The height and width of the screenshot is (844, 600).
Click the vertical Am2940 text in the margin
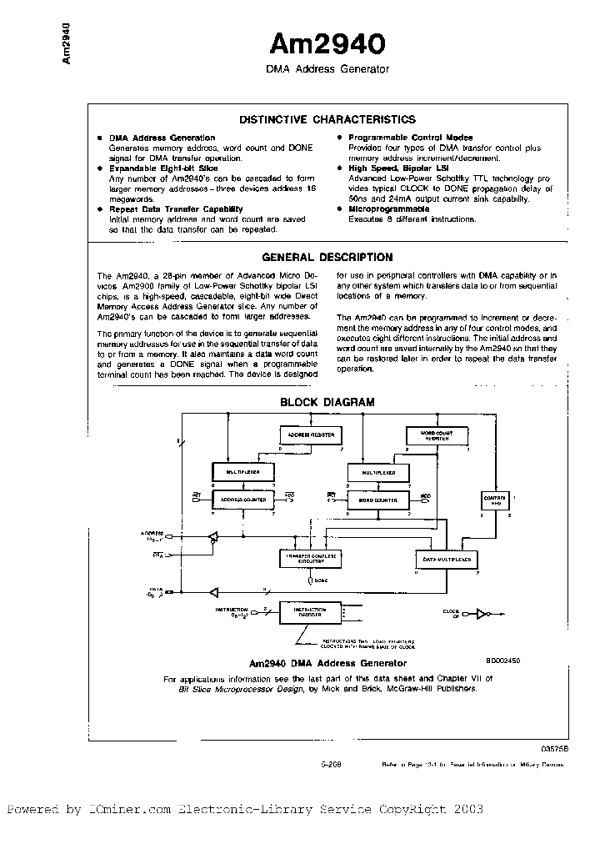coord(67,45)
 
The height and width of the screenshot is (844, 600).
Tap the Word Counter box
coord(377,499)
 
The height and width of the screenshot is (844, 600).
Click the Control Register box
coord(495,500)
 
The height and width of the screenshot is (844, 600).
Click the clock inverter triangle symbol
coord(480,614)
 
